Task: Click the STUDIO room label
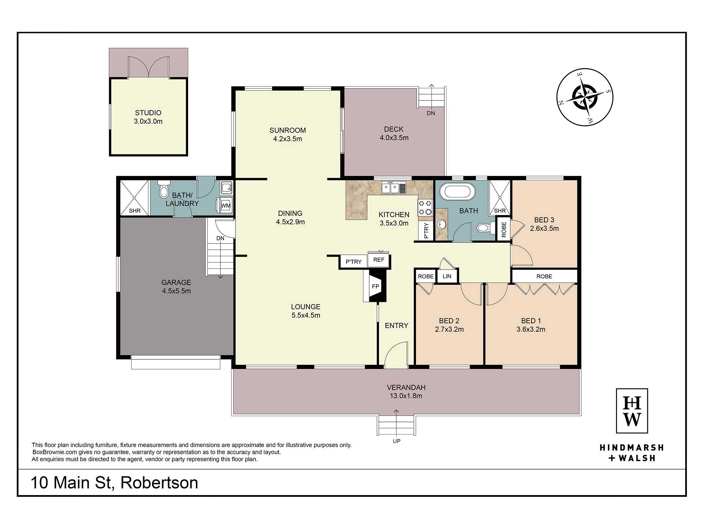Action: click(148, 113)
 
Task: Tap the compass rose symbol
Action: click(585, 97)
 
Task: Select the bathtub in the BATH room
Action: click(460, 191)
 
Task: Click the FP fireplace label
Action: click(376, 286)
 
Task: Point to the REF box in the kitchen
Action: click(379, 260)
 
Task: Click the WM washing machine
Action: click(225, 205)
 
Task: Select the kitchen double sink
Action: click(394, 188)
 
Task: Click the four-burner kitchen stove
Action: click(425, 208)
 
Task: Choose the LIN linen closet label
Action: click(447, 276)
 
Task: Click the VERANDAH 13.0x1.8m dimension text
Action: click(406, 396)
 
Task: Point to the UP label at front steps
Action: click(397, 441)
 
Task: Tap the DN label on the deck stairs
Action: click(431, 113)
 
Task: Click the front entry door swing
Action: click(396, 354)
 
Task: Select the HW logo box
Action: click(632, 411)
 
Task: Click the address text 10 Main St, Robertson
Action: click(114, 483)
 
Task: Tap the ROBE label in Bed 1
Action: click(544, 276)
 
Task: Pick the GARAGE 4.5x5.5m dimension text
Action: click(177, 291)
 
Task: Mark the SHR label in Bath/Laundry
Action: click(135, 211)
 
